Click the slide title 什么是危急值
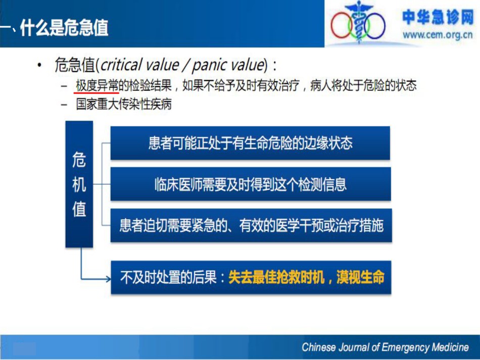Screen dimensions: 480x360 64,28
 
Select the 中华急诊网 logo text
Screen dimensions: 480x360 438,17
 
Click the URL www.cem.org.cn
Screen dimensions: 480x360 438,35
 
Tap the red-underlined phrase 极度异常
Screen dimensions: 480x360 97,85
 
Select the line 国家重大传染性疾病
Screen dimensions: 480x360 124,104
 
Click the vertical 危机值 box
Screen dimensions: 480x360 79,184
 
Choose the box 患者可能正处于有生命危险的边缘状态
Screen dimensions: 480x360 250,143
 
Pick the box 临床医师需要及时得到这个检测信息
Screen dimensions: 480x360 251,184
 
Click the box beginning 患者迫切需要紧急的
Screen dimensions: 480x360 251,225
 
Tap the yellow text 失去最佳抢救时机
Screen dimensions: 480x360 276,277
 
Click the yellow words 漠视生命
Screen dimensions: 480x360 360,277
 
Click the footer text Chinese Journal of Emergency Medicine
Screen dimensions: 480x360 385,347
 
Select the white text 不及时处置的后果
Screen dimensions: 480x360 168,277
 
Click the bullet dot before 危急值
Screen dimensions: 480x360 39,65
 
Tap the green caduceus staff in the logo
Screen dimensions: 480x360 358,23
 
